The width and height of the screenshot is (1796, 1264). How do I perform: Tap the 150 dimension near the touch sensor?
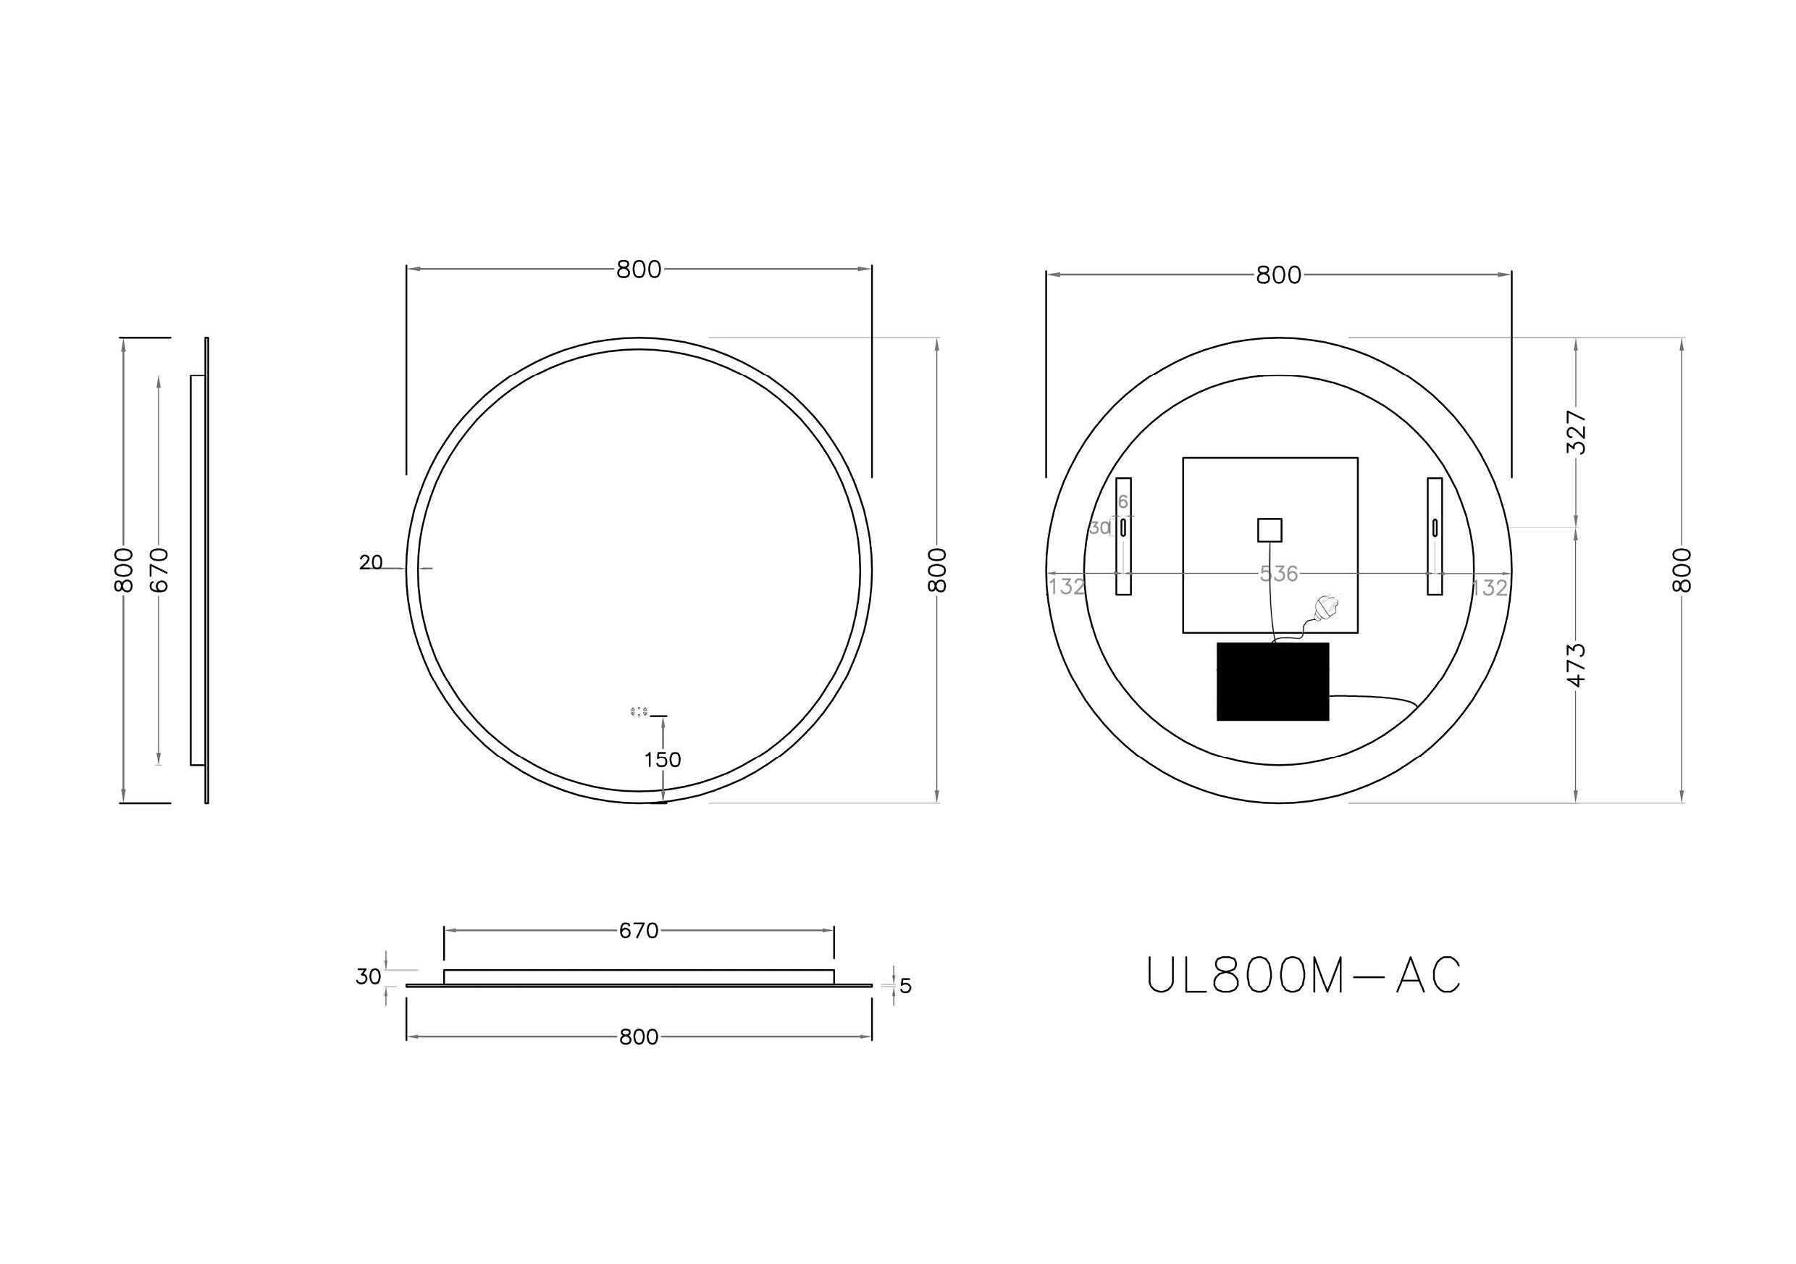(x=663, y=760)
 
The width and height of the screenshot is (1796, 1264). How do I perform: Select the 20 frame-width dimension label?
(x=371, y=562)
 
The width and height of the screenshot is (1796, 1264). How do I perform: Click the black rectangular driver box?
(x=1272, y=682)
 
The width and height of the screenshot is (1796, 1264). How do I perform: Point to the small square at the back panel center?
(x=1270, y=530)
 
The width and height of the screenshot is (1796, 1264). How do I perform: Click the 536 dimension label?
(x=1278, y=574)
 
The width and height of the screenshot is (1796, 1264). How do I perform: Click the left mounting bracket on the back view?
(x=1123, y=537)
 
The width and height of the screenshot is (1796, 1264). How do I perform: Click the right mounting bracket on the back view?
(x=1435, y=537)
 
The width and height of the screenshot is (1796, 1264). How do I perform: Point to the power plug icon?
(x=1327, y=608)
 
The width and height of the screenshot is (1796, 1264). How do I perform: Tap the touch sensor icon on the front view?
(x=638, y=712)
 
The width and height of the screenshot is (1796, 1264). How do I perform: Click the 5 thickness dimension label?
(x=906, y=987)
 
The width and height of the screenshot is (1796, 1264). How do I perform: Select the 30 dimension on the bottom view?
(x=369, y=977)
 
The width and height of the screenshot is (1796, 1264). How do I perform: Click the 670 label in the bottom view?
(x=638, y=931)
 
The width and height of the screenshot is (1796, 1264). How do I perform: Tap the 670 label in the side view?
(x=159, y=569)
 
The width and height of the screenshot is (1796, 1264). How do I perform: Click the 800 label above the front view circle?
(x=638, y=270)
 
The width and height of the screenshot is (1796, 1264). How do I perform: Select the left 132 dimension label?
(x=1066, y=586)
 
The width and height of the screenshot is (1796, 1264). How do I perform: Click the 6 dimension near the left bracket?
(x=1123, y=502)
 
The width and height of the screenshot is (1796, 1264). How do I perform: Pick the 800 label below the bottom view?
(x=638, y=1037)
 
